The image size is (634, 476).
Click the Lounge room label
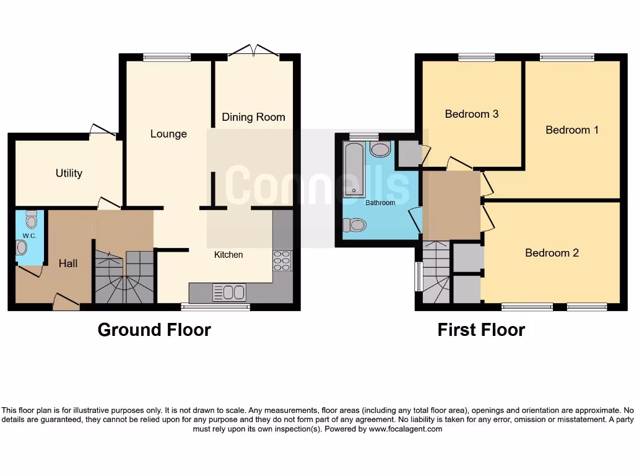[x=168, y=134]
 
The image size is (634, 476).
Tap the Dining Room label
[x=253, y=117]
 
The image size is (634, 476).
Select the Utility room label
[x=69, y=174]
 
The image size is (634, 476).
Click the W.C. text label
[x=30, y=236]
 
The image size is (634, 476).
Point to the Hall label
[x=68, y=263]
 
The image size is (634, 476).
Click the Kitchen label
[x=228, y=255]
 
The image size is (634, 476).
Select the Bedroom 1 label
[x=571, y=130]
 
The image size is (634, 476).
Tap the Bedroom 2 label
[x=552, y=253]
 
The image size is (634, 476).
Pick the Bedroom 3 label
[x=472, y=114]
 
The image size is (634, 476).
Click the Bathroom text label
[x=380, y=203]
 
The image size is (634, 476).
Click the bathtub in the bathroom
[x=355, y=169]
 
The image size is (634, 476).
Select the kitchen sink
[x=228, y=292]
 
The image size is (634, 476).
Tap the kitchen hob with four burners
[x=282, y=260]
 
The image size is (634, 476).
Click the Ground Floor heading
[x=154, y=330]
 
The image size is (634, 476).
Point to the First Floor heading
[x=481, y=330]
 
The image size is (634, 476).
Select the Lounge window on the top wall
[x=167, y=58]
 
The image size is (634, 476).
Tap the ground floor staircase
[x=124, y=277]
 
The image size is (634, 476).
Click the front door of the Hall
[x=66, y=302]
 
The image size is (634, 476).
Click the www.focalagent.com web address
[x=406, y=429]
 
